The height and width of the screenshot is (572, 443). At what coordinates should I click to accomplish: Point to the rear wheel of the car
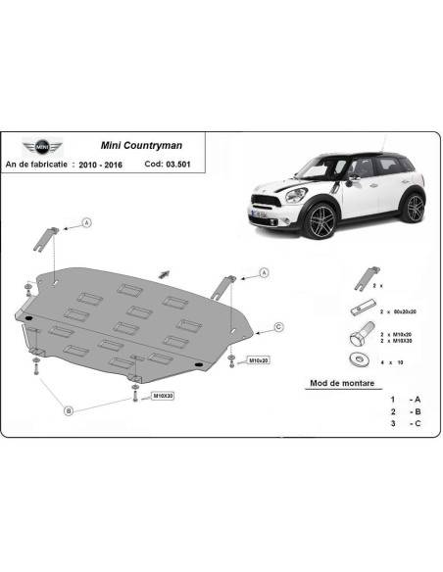pyautogui.click(x=415, y=207)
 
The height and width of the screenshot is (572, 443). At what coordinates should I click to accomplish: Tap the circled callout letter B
pyautogui.click(x=69, y=410)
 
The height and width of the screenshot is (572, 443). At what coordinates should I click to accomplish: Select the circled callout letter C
pyautogui.click(x=277, y=326)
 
